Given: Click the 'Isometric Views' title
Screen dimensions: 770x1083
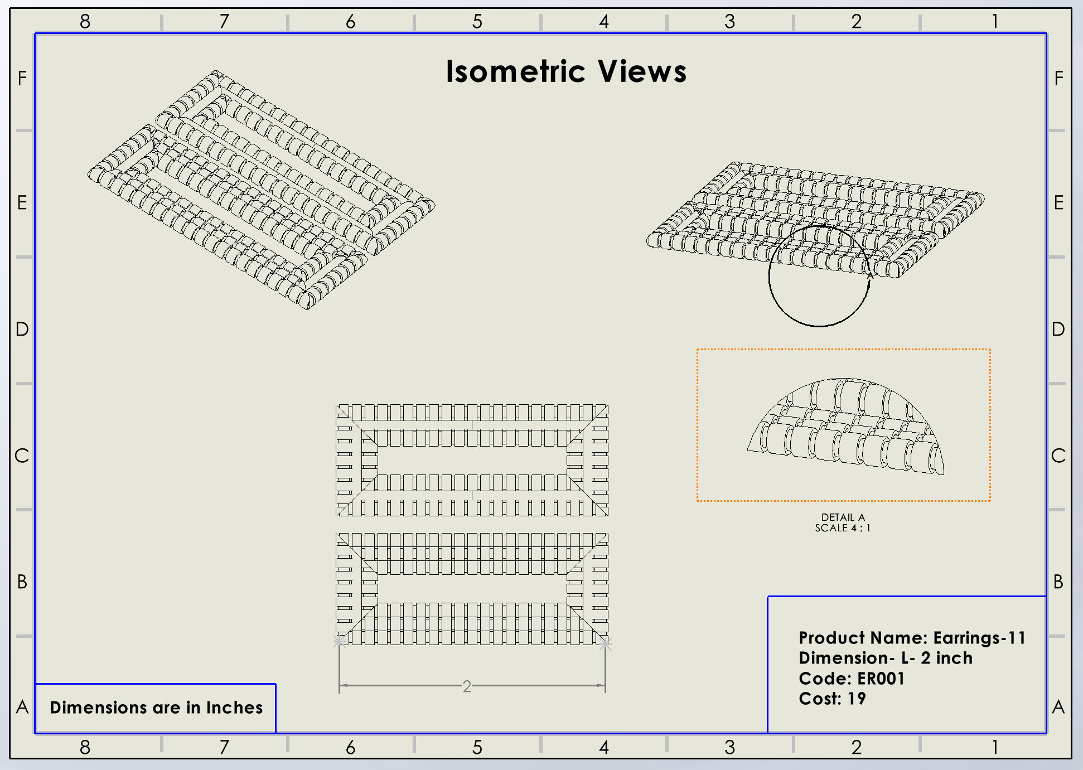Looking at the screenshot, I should pos(566,72).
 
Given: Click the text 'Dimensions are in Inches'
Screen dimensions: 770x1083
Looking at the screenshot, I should pos(156,708).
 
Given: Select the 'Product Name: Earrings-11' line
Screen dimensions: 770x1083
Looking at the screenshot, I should pos(912,638).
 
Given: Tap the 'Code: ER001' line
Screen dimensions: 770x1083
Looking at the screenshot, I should pos(852,679).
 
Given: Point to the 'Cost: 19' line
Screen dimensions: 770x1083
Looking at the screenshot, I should pos(832,699).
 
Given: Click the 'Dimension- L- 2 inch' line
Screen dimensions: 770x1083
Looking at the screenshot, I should pos(886,658).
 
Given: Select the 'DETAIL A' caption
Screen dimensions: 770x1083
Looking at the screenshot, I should pos(843,517).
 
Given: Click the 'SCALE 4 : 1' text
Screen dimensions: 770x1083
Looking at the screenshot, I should pos(843,528).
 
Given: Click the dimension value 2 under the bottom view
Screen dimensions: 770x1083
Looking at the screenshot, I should pos(467,686).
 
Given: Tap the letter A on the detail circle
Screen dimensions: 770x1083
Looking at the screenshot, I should pos(870,275).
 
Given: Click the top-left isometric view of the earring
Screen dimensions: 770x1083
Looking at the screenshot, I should pos(261,190).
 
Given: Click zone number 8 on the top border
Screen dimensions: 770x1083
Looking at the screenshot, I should pos(85,21).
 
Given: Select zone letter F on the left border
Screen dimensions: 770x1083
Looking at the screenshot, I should pos(22,78).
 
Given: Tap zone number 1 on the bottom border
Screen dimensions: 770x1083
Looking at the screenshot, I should pos(994,747).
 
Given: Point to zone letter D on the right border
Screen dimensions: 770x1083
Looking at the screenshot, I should pos(1058,329).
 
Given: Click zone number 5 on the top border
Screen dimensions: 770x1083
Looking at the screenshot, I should pos(477,21).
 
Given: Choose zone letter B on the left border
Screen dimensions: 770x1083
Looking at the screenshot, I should pos(22,582).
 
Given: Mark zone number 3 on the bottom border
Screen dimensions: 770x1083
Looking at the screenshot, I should pos(729,747).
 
